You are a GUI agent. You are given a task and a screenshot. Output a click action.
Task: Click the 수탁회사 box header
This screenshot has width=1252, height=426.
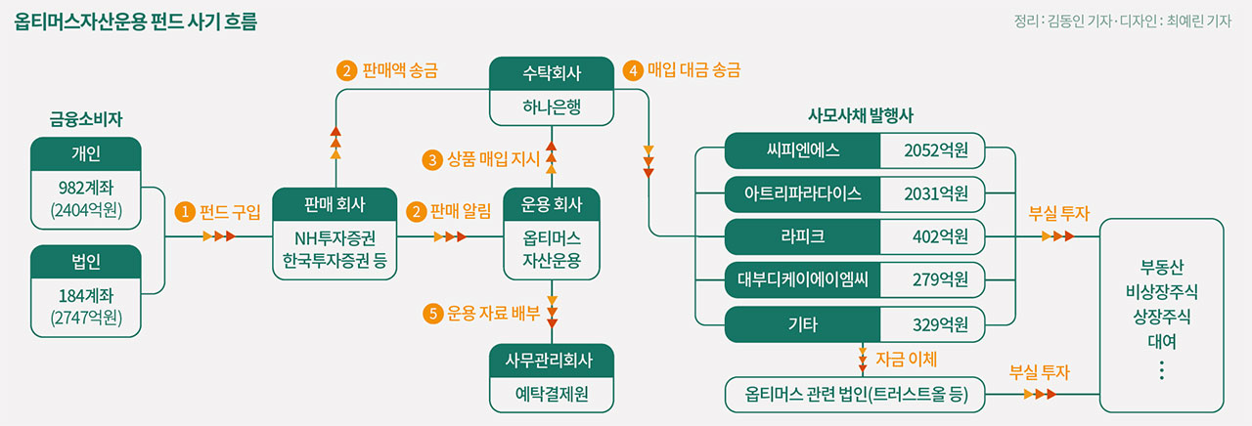pyautogui.click(x=552, y=74)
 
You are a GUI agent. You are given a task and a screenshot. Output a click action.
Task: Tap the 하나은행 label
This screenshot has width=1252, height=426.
pyautogui.click(x=552, y=107)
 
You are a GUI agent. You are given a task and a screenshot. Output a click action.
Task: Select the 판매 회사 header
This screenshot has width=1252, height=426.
pyautogui.click(x=335, y=204)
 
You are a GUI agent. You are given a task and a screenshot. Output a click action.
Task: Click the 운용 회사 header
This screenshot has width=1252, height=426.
pyautogui.click(x=552, y=204)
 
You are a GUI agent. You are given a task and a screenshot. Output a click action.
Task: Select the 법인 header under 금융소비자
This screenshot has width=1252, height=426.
pyautogui.click(x=86, y=261)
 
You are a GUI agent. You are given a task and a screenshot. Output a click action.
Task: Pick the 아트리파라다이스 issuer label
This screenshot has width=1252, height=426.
pyautogui.click(x=803, y=193)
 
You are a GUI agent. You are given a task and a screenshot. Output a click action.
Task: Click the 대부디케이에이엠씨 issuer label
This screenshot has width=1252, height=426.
pyautogui.click(x=803, y=279)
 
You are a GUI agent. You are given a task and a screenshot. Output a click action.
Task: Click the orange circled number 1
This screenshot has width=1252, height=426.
pyautogui.click(x=183, y=210)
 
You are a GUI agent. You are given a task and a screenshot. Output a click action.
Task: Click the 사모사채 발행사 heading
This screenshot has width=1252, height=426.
pyautogui.click(x=860, y=114)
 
